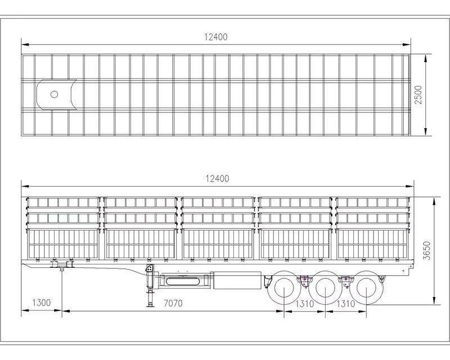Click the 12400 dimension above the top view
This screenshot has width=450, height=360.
click(216, 37)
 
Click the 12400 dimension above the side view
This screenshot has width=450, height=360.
click(217, 179)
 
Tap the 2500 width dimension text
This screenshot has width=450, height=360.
click(418, 94)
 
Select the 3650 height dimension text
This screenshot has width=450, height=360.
click(427, 251)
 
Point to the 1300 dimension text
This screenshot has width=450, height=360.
click(41, 303)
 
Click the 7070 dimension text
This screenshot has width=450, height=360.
click(173, 303)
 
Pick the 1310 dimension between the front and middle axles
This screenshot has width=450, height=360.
click(304, 303)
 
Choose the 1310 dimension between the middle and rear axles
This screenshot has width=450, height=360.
click(345, 303)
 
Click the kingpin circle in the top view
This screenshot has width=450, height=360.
click(54, 94)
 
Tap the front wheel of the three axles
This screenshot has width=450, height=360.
click(284, 287)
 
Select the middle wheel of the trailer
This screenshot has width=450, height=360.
click(325, 287)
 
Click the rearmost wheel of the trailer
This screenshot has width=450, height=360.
click(366, 287)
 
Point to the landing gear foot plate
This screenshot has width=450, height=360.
click(150, 306)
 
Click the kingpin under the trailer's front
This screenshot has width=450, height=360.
click(61, 269)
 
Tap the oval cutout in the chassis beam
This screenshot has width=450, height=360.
click(182, 281)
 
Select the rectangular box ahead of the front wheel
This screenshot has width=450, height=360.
click(237, 280)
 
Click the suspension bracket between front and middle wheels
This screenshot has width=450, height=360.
click(304, 281)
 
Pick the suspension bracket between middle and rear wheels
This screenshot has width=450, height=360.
click(345, 281)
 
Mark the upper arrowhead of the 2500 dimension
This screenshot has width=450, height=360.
click(426, 58)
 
